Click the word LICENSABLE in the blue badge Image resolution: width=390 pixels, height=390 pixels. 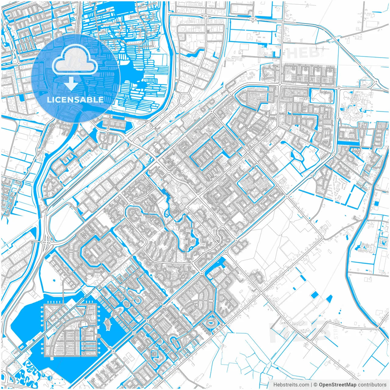click(75, 100)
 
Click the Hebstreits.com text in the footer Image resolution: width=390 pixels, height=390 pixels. click(291, 385)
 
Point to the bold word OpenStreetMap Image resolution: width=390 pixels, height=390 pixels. click(338, 385)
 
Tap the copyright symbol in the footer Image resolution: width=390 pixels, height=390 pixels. click(316, 385)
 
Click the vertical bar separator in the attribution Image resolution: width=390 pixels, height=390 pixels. click(311, 385)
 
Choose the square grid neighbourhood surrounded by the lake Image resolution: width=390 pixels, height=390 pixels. click(71, 331)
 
